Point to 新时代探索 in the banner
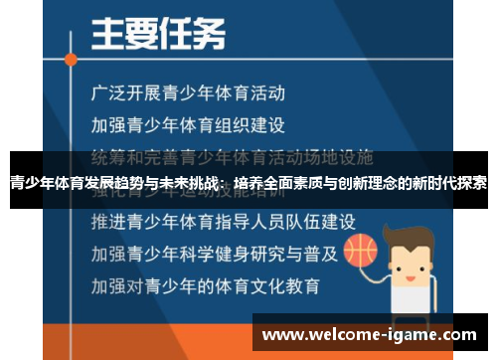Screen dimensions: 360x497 [448, 183]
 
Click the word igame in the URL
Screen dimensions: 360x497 [406, 334]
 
